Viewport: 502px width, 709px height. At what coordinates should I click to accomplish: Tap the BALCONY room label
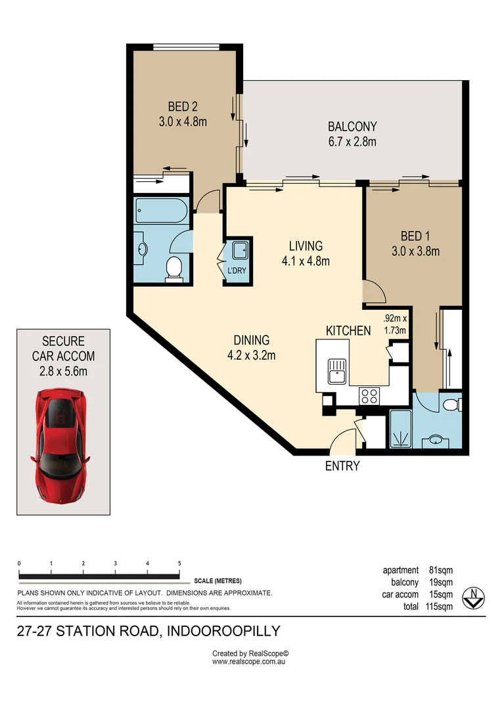(x=352, y=127)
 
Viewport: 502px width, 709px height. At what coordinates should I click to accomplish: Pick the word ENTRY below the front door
(x=342, y=466)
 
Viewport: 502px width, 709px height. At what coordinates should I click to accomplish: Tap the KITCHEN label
(x=348, y=330)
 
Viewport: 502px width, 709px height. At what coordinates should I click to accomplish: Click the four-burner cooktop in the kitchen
(x=369, y=396)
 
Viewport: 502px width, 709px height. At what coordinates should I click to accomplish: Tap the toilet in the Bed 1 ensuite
(x=451, y=405)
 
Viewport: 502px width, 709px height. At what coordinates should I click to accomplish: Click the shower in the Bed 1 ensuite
(x=399, y=430)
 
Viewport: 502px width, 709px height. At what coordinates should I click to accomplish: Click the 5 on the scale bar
(x=179, y=563)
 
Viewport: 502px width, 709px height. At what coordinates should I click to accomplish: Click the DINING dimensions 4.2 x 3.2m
(x=252, y=356)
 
